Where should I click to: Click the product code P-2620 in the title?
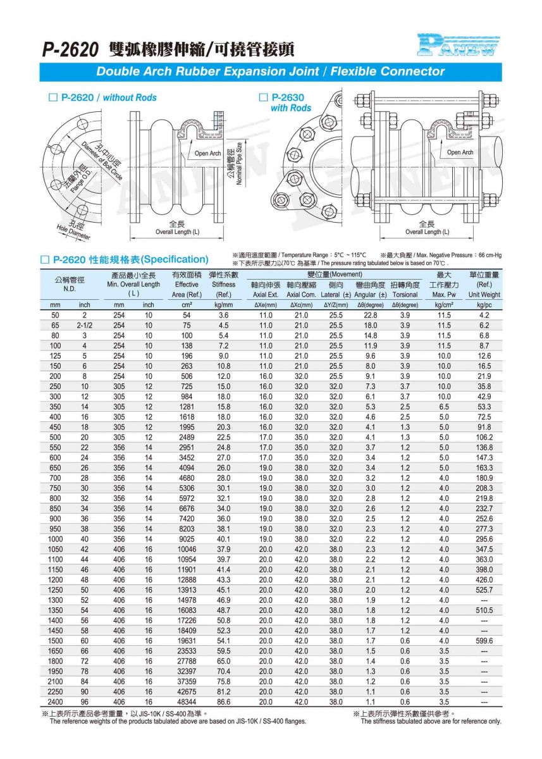point(70,49)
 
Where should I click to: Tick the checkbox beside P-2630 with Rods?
point(264,97)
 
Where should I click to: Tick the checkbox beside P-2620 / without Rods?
point(53,97)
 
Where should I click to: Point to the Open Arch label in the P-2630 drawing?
point(460,152)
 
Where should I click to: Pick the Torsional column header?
point(405,294)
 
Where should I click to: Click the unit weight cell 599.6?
point(484,641)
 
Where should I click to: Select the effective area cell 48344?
point(187,702)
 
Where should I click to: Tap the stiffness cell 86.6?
point(223,702)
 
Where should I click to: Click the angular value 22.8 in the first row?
point(370,315)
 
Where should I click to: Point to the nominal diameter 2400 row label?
point(55,702)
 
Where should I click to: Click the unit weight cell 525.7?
point(484,589)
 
